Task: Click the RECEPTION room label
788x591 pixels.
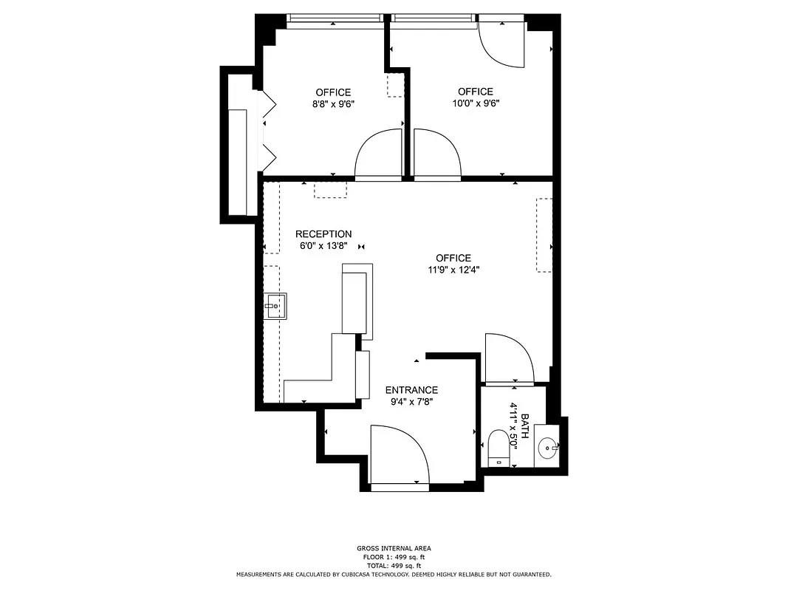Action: pyautogui.click(x=323, y=234)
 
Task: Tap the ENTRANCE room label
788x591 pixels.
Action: pyautogui.click(x=411, y=390)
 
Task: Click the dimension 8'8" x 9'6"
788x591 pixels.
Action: pyautogui.click(x=333, y=104)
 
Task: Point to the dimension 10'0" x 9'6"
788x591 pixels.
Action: pyautogui.click(x=476, y=103)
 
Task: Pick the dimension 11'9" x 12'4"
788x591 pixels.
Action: pyautogui.click(x=453, y=270)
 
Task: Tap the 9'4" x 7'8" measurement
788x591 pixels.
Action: pyautogui.click(x=411, y=402)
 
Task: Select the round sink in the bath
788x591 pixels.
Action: pyautogui.click(x=547, y=446)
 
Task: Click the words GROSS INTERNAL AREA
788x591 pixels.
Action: pyautogui.click(x=394, y=548)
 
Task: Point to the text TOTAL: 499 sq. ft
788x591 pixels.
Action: pyautogui.click(x=394, y=565)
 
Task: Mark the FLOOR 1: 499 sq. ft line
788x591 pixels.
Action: pyautogui.click(x=394, y=557)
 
